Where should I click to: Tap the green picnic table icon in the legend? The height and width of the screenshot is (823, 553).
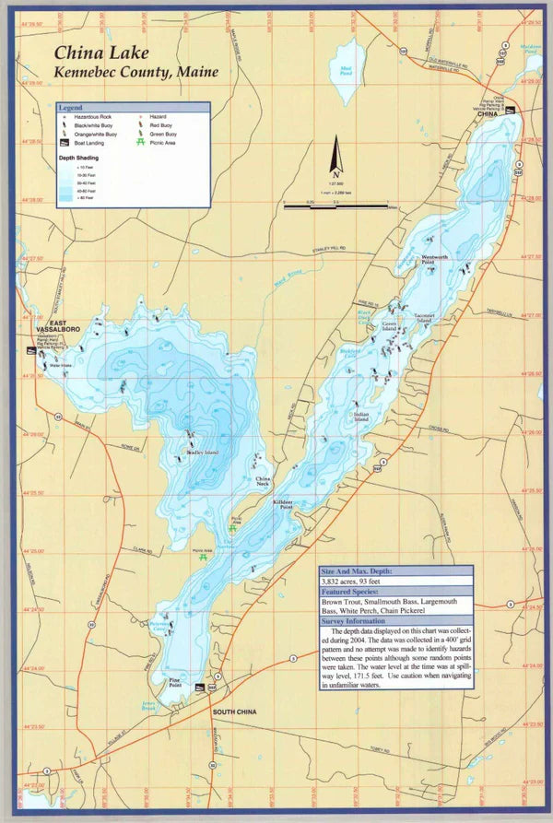click(x=141, y=143)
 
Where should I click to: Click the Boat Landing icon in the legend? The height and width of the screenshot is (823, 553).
click(x=65, y=143)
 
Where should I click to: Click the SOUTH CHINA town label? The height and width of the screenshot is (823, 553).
click(x=234, y=712)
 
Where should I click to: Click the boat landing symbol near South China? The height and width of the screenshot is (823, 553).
click(x=213, y=688)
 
